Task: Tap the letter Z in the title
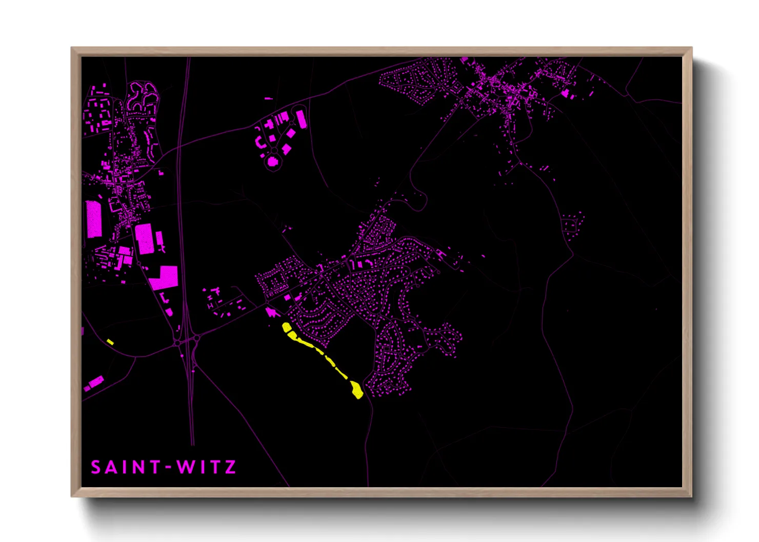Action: point(230,467)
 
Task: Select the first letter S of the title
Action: point(96,467)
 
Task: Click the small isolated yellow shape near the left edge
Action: point(110,342)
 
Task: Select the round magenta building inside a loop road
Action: point(273,161)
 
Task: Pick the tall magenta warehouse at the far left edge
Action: point(94,219)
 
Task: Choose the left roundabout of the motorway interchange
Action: point(177,342)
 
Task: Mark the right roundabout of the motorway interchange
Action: point(196,339)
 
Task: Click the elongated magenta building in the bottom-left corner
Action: point(95,382)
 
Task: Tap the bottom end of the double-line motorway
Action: point(192,444)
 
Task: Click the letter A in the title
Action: point(111,467)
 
